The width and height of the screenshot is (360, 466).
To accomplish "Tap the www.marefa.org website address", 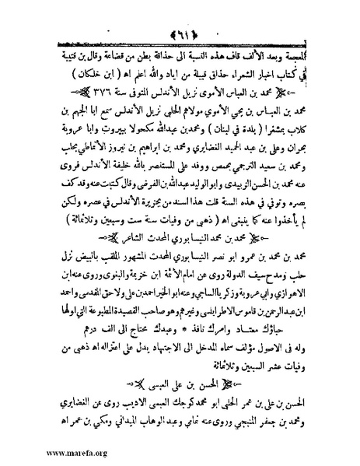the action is point(47,450).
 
